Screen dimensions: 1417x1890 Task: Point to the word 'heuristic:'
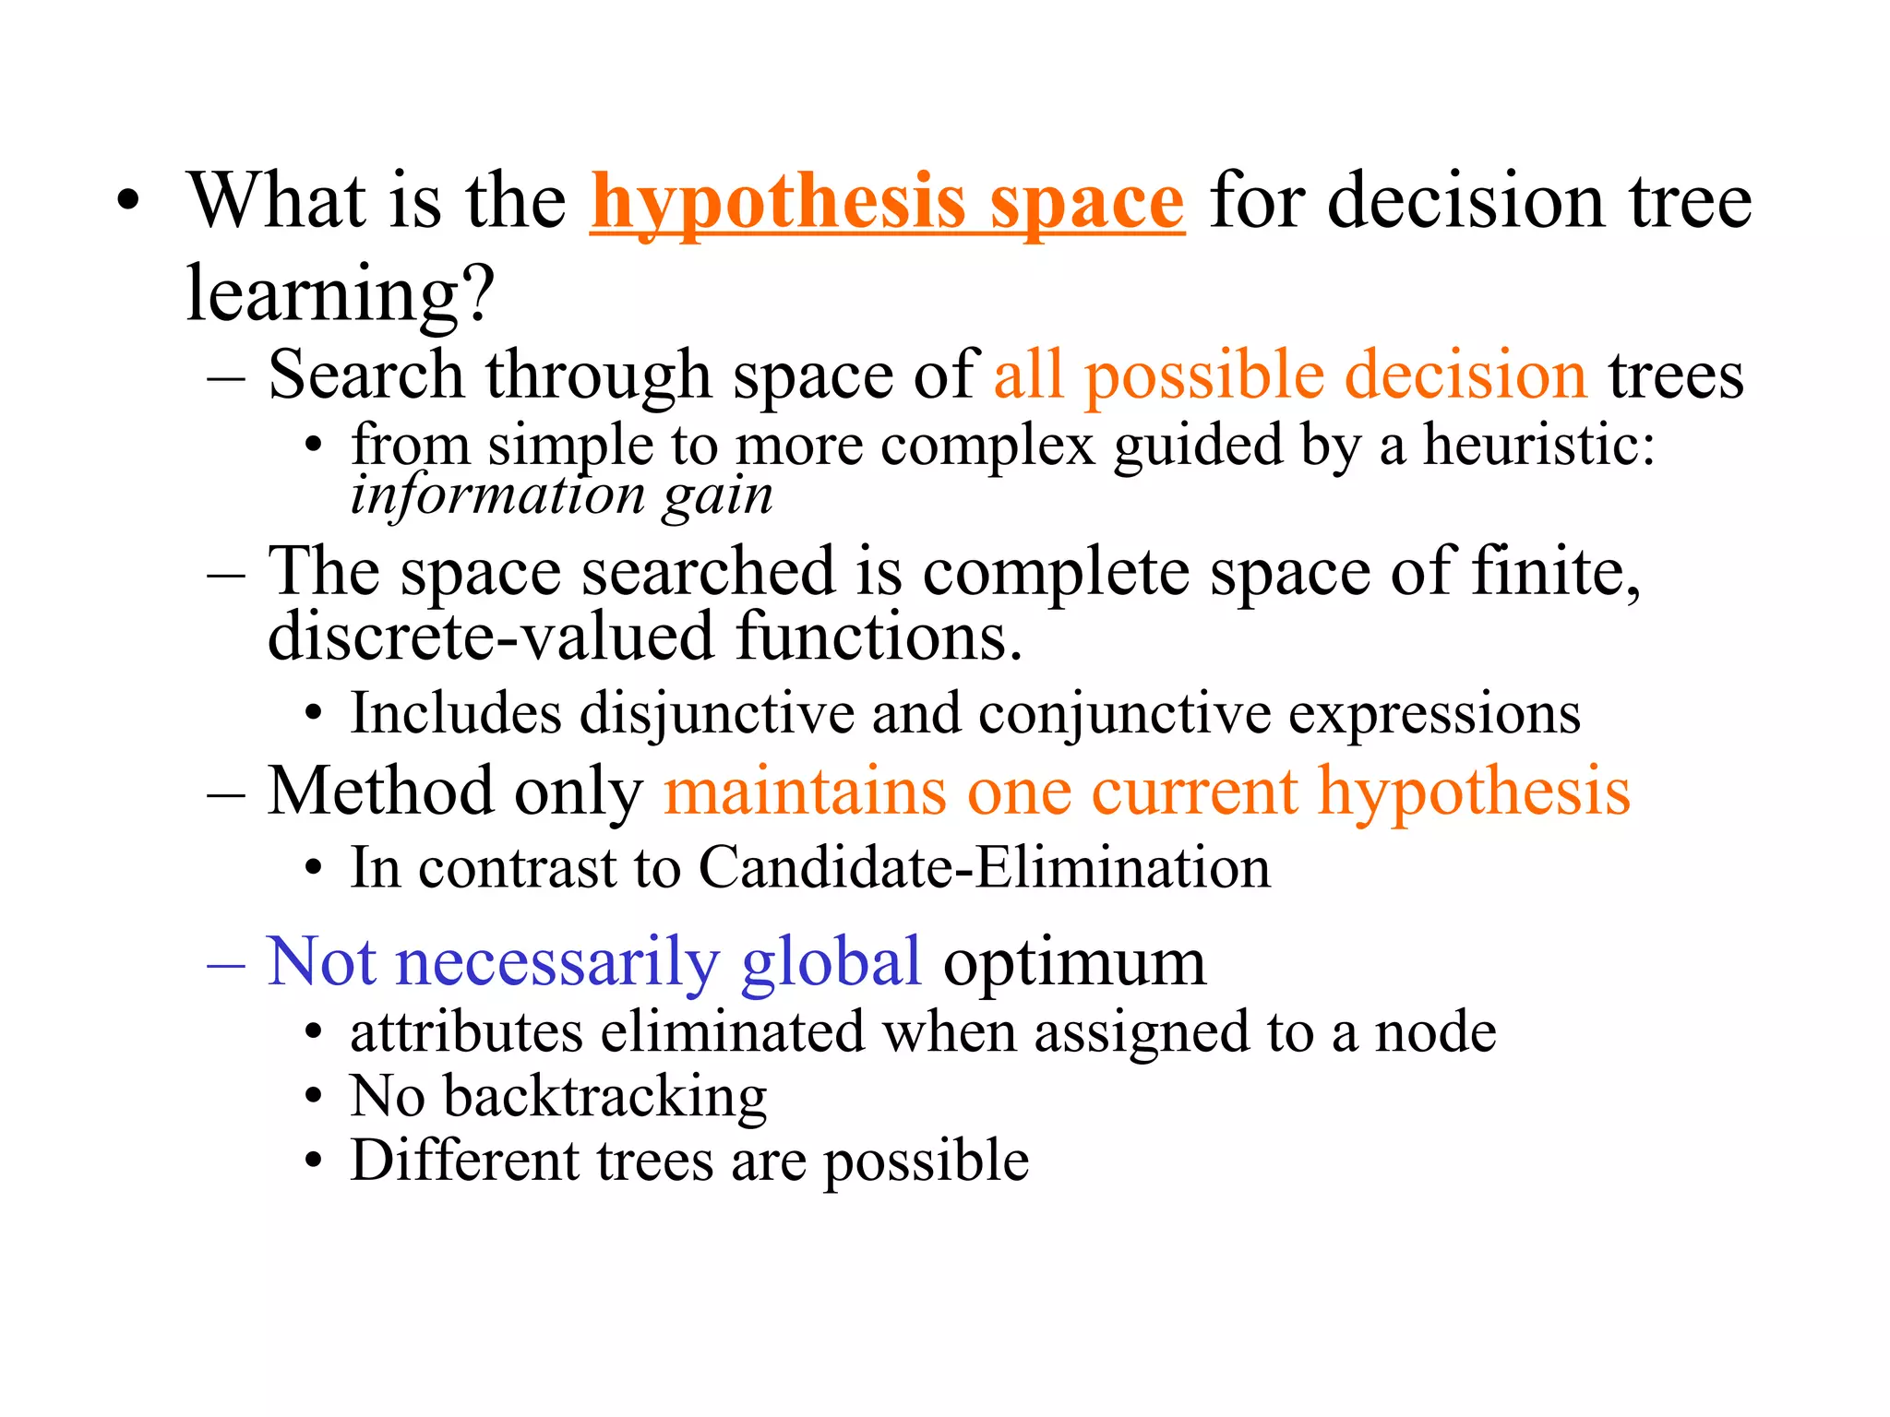(x=1538, y=445)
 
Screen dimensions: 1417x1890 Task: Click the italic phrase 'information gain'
(x=561, y=495)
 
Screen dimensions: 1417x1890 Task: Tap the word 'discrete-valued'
(x=490, y=637)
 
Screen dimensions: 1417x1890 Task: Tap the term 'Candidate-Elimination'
(x=984, y=868)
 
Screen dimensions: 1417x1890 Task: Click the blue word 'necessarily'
(x=556, y=962)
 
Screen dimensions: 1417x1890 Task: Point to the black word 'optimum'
(x=1074, y=962)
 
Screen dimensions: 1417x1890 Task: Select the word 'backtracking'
(x=604, y=1098)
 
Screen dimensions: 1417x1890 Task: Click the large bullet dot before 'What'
(x=128, y=203)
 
